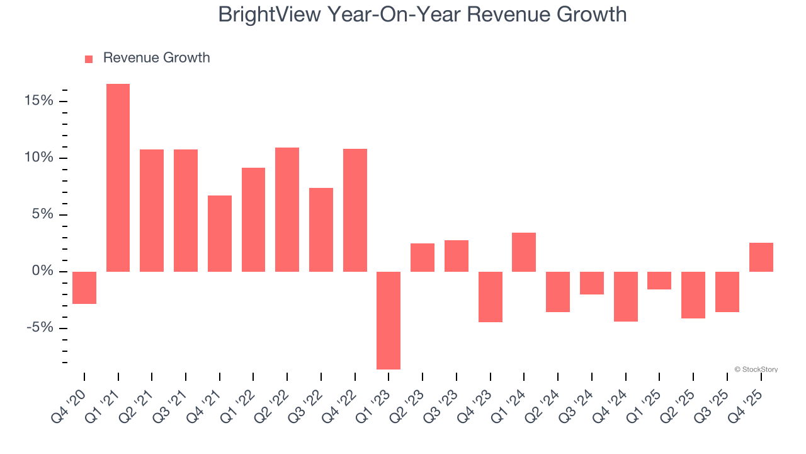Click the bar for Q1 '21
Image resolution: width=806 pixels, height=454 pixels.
(118, 178)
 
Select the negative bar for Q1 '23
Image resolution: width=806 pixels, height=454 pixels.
(389, 320)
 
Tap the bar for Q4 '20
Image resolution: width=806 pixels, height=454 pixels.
(84, 288)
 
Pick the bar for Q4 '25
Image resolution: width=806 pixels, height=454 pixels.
(761, 257)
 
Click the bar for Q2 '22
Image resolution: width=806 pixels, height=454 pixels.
(287, 209)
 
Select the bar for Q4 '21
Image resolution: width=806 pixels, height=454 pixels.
(220, 233)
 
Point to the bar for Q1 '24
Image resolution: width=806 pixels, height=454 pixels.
(524, 252)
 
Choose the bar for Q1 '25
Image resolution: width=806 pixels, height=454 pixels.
(659, 281)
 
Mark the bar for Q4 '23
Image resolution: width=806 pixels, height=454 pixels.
(490, 297)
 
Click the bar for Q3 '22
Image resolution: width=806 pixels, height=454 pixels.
(321, 230)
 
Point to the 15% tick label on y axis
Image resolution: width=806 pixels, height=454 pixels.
(38, 101)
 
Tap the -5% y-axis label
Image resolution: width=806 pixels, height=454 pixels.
(40, 328)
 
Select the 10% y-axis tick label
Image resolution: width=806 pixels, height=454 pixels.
(38, 158)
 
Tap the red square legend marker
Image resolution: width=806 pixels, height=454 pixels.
(89, 59)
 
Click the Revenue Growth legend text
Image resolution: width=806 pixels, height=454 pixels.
(156, 58)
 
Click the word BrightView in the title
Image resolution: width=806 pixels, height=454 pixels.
(269, 14)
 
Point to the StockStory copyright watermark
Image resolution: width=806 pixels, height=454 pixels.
(756, 370)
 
